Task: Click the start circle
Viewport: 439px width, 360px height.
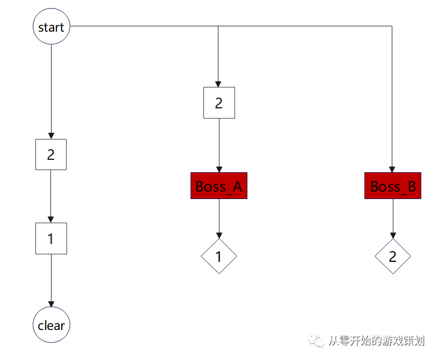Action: click(52, 26)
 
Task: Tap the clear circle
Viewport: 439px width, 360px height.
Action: click(52, 325)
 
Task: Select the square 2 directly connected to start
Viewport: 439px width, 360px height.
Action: click(51, 155)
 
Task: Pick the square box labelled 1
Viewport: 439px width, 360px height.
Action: click(51, 238)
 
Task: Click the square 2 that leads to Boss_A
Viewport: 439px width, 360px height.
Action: click(219, 102)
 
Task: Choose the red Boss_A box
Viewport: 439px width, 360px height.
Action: click(219, 186)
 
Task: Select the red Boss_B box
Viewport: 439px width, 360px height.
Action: click(393, 186)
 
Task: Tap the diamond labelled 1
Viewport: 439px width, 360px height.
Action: click(219, 256)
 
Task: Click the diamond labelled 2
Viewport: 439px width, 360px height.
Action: click(393, 256)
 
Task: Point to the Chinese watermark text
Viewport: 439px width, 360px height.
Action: click(376, 341)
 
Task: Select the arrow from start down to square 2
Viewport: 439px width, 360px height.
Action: click(51, 91)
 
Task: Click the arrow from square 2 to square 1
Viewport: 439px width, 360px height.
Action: click(51, 196)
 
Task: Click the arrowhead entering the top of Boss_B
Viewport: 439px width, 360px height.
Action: click(392, 169)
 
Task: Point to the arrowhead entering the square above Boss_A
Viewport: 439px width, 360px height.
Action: click(218, 84)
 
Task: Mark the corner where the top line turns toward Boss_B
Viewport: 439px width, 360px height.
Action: click(392, 26)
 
